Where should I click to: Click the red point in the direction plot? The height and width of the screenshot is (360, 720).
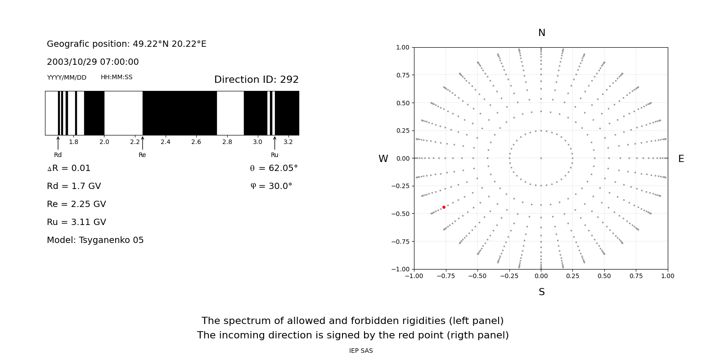pos(444,207)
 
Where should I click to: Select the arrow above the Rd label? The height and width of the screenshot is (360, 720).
pos(58,143)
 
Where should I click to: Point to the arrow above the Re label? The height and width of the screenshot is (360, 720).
pos(143,143)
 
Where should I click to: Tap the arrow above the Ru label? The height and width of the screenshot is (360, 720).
pos(274,143)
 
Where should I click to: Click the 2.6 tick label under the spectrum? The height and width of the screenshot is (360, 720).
pos(196,142)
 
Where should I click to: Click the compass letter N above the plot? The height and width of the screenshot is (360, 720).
pos(541,33)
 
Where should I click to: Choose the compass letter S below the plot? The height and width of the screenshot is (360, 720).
pos(541,292)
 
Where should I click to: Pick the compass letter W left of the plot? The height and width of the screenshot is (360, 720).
pos(383,159)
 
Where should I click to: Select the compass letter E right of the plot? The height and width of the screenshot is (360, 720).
pos(681,159)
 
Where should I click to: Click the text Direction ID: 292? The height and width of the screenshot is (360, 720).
pos(256,80)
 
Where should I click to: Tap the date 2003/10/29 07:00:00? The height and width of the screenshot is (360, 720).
pos(93,62)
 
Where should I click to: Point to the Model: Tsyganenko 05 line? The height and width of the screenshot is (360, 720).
pos(95,240)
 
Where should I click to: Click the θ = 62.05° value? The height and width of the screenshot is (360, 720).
pos(274,168)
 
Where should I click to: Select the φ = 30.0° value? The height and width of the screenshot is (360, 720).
pos(271,186)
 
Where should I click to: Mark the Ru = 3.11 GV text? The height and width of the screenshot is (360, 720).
pos(76,222)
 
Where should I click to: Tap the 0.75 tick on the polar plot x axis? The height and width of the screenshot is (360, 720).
pos(636,276)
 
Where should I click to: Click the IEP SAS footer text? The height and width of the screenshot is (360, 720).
pos(361,351)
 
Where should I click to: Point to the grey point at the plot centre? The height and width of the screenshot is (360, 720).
pos(541,158)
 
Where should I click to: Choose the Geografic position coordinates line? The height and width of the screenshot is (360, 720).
pos(126,44)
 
